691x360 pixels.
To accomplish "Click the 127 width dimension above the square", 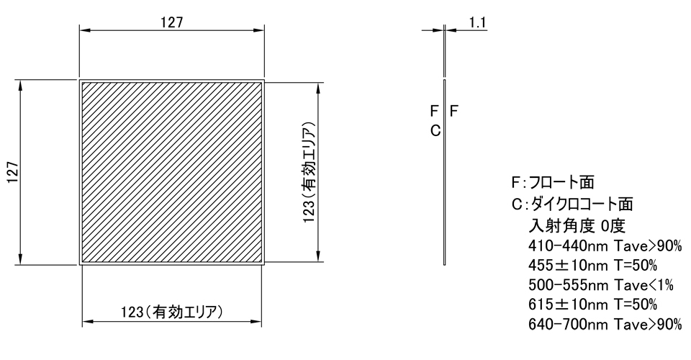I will pos(171,22).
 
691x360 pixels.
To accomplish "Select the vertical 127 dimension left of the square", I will pos(13,174).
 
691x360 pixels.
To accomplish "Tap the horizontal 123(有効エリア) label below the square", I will pos(171,312).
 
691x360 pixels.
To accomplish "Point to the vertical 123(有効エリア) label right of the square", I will pos(308,174).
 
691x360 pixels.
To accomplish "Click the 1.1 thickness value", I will pos(478,22).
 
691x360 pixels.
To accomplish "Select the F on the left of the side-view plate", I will pos(434,112).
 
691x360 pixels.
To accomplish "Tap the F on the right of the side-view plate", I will pos(454,112).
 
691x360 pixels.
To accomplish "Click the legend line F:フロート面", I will pos(552,182).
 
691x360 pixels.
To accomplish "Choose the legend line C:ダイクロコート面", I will pos(572,204).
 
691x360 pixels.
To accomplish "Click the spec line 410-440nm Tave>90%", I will pos(605,246).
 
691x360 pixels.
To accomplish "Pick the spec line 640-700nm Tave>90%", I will pos(605,325).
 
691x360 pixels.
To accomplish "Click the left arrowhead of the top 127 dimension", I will pos(83,31).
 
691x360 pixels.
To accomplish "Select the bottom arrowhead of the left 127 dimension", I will pos(22,260).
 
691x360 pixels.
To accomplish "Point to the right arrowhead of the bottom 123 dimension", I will pos(257,322).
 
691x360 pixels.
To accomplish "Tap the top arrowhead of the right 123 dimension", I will pos(318,88).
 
